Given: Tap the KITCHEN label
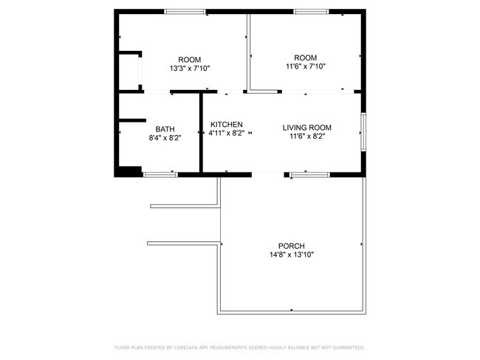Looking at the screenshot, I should pos(226,124).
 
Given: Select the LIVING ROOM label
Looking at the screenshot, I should pos(306,128).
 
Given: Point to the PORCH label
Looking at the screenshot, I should pos(291,246).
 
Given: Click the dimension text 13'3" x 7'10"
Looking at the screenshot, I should pos(190,69).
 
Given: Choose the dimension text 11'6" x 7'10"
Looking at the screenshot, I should pos(305,66).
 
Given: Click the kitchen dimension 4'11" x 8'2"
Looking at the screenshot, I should pos(226,133).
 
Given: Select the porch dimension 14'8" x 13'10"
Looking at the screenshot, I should pos(291,255).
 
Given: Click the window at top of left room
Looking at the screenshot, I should pos(185,11).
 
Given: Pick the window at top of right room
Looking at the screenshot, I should pos(310,11).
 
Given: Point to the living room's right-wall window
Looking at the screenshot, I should pos(363,132).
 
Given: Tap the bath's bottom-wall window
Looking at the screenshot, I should pos(160,174).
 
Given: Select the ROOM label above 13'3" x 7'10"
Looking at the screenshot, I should pos(190,60).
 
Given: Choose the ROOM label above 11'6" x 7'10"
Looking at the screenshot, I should pos(305,58).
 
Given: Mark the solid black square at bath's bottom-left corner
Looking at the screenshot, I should pos(128,171).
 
